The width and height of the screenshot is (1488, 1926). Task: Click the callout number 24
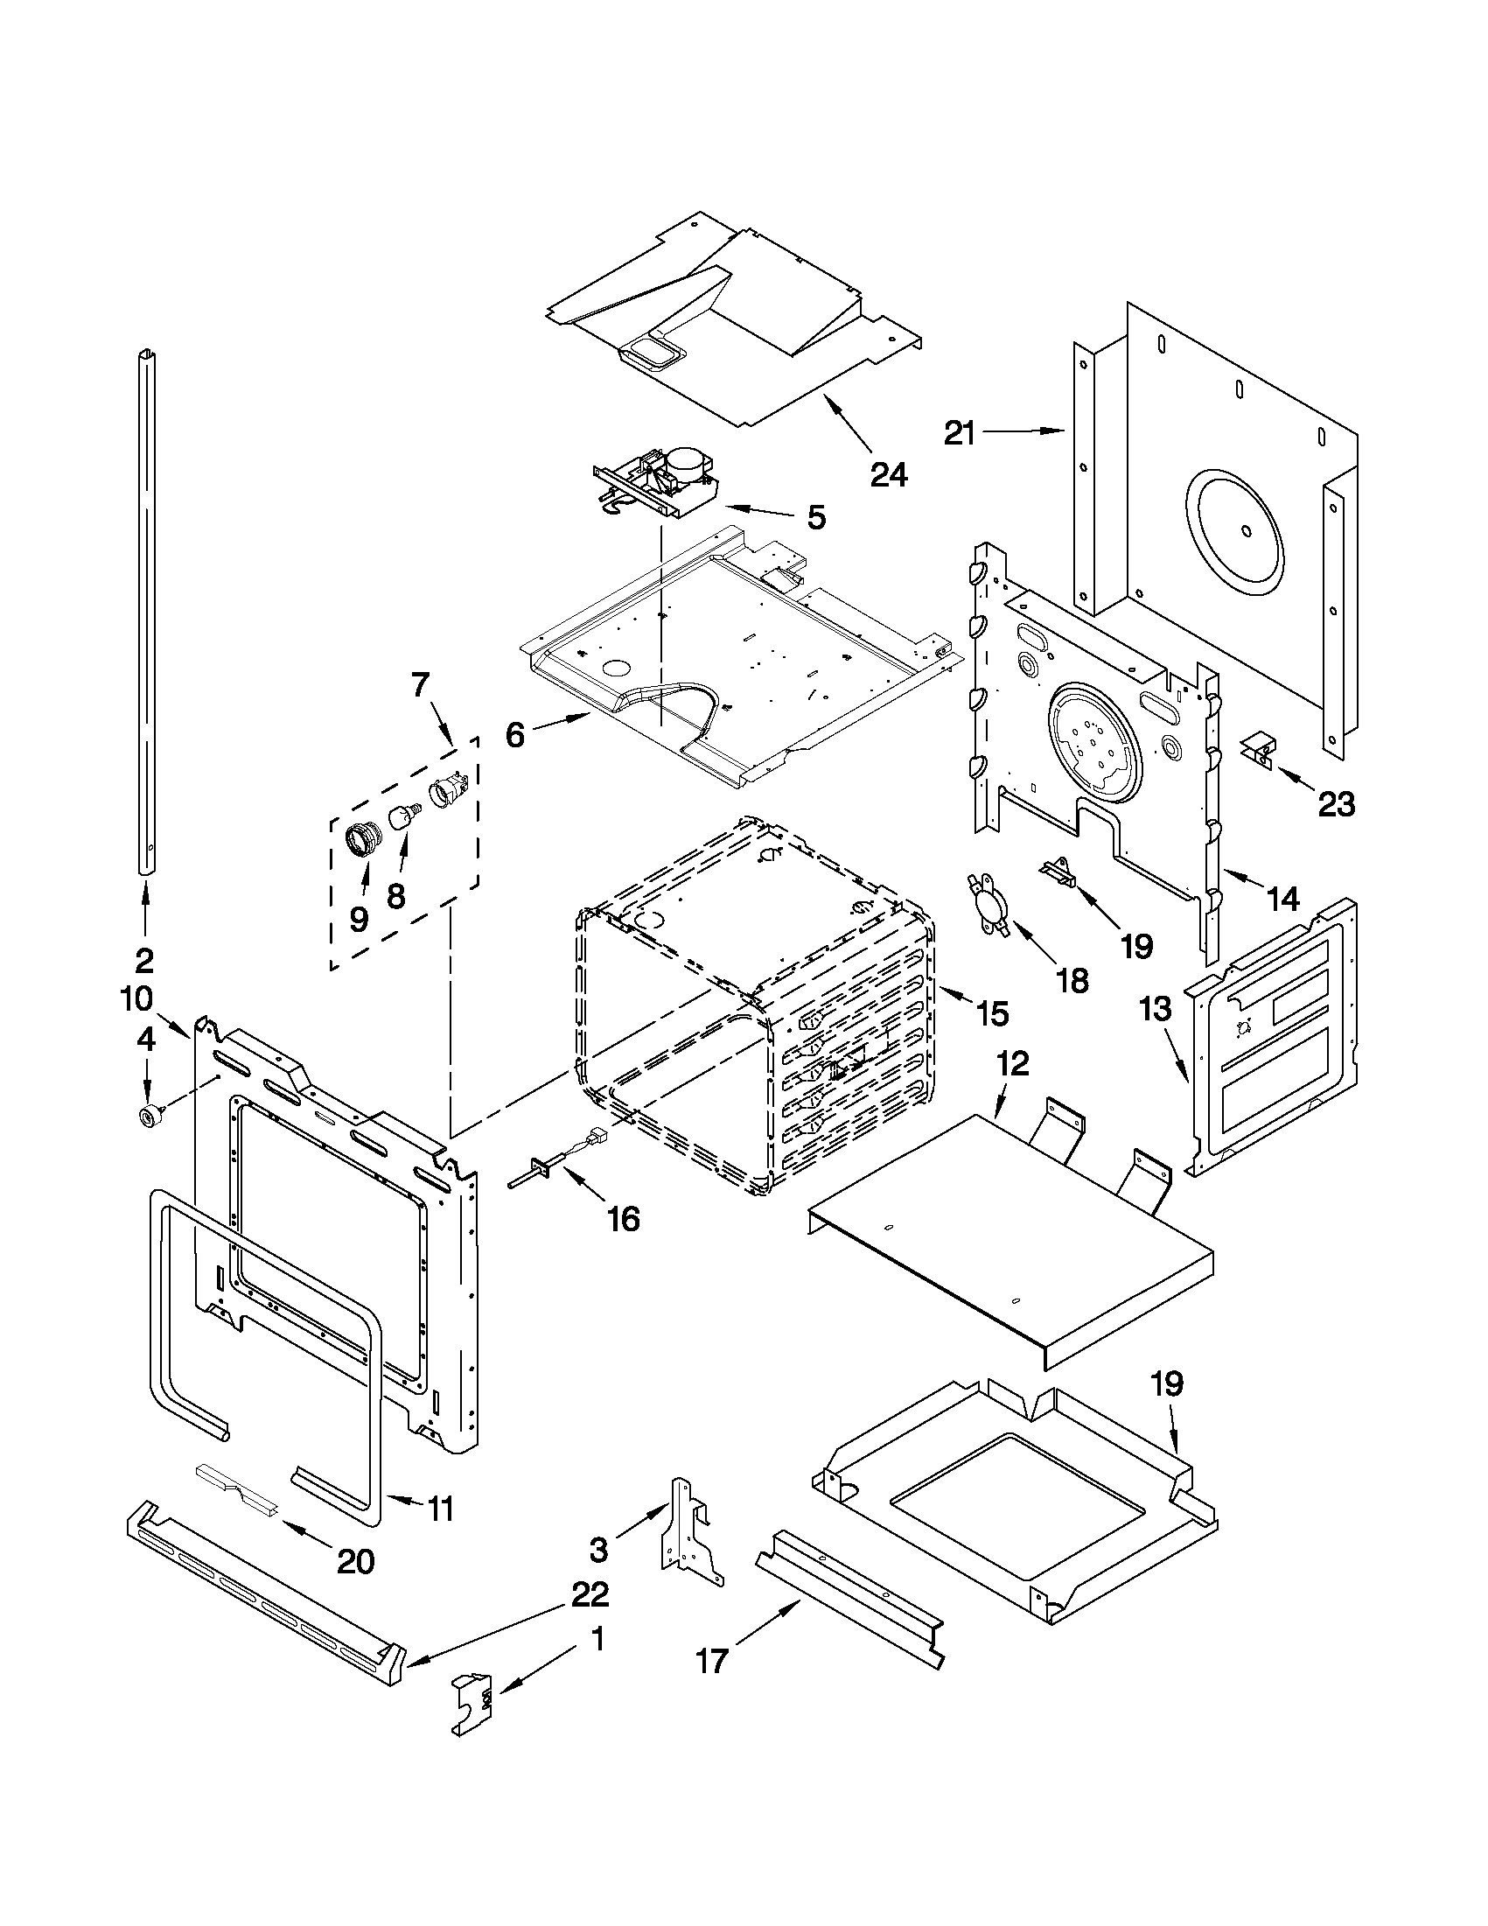(x=889, y=474)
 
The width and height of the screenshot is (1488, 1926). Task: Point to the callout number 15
(x=992, y=1014)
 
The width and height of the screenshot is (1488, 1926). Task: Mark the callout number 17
(x=712, y=1661)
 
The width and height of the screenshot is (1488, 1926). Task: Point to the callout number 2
(x=143, y=959)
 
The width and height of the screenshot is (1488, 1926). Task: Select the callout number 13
(x=1156, y=1009)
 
